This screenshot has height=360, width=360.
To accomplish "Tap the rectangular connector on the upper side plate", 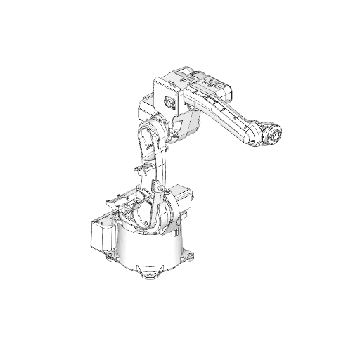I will point(169,102).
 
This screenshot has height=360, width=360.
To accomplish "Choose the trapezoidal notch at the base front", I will point(148,268).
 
